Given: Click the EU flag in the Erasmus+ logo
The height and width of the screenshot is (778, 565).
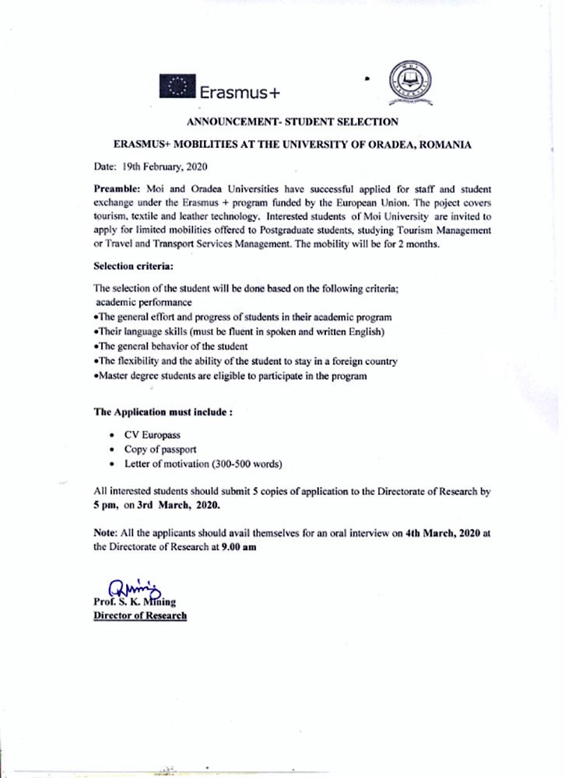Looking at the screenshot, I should point(177,86).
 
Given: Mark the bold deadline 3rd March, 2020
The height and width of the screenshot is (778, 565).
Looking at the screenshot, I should point(181,505).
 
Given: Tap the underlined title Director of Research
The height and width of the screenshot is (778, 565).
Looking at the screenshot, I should point(140,615).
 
